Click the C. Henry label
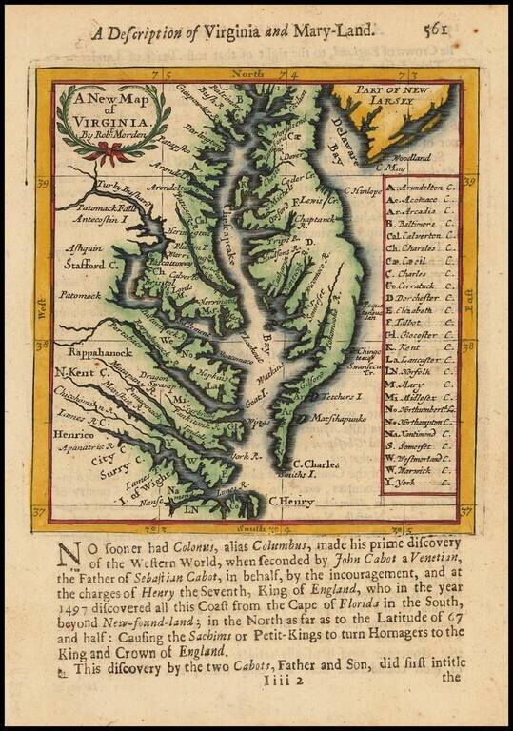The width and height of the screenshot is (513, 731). pos(290,501)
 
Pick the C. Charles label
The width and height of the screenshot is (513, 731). pos(315,464)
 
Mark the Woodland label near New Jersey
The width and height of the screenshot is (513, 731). pos(411,157)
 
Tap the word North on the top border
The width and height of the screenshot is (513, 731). pos(248,73)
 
